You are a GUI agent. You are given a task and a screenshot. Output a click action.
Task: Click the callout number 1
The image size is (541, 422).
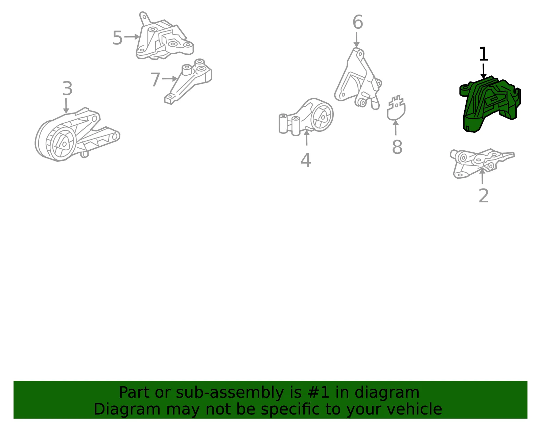point(484,54)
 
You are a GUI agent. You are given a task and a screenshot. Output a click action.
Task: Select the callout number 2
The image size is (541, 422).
point(484,196)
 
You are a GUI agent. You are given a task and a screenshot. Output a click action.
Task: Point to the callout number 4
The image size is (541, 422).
point(306,160)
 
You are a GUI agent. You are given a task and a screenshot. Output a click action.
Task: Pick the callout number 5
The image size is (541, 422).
point(118,38)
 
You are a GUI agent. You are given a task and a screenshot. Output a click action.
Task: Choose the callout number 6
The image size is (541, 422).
point(358,22)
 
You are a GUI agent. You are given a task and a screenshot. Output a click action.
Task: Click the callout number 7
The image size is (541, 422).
point(155,79)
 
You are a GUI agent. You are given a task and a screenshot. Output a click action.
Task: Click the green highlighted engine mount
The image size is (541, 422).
point(489,104)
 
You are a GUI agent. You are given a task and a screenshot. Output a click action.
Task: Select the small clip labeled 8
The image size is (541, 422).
point(396,108)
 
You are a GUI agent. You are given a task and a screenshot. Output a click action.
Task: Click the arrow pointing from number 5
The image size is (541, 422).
point(132,37)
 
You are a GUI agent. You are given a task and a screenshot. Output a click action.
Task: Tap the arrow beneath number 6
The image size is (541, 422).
point(356,40)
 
